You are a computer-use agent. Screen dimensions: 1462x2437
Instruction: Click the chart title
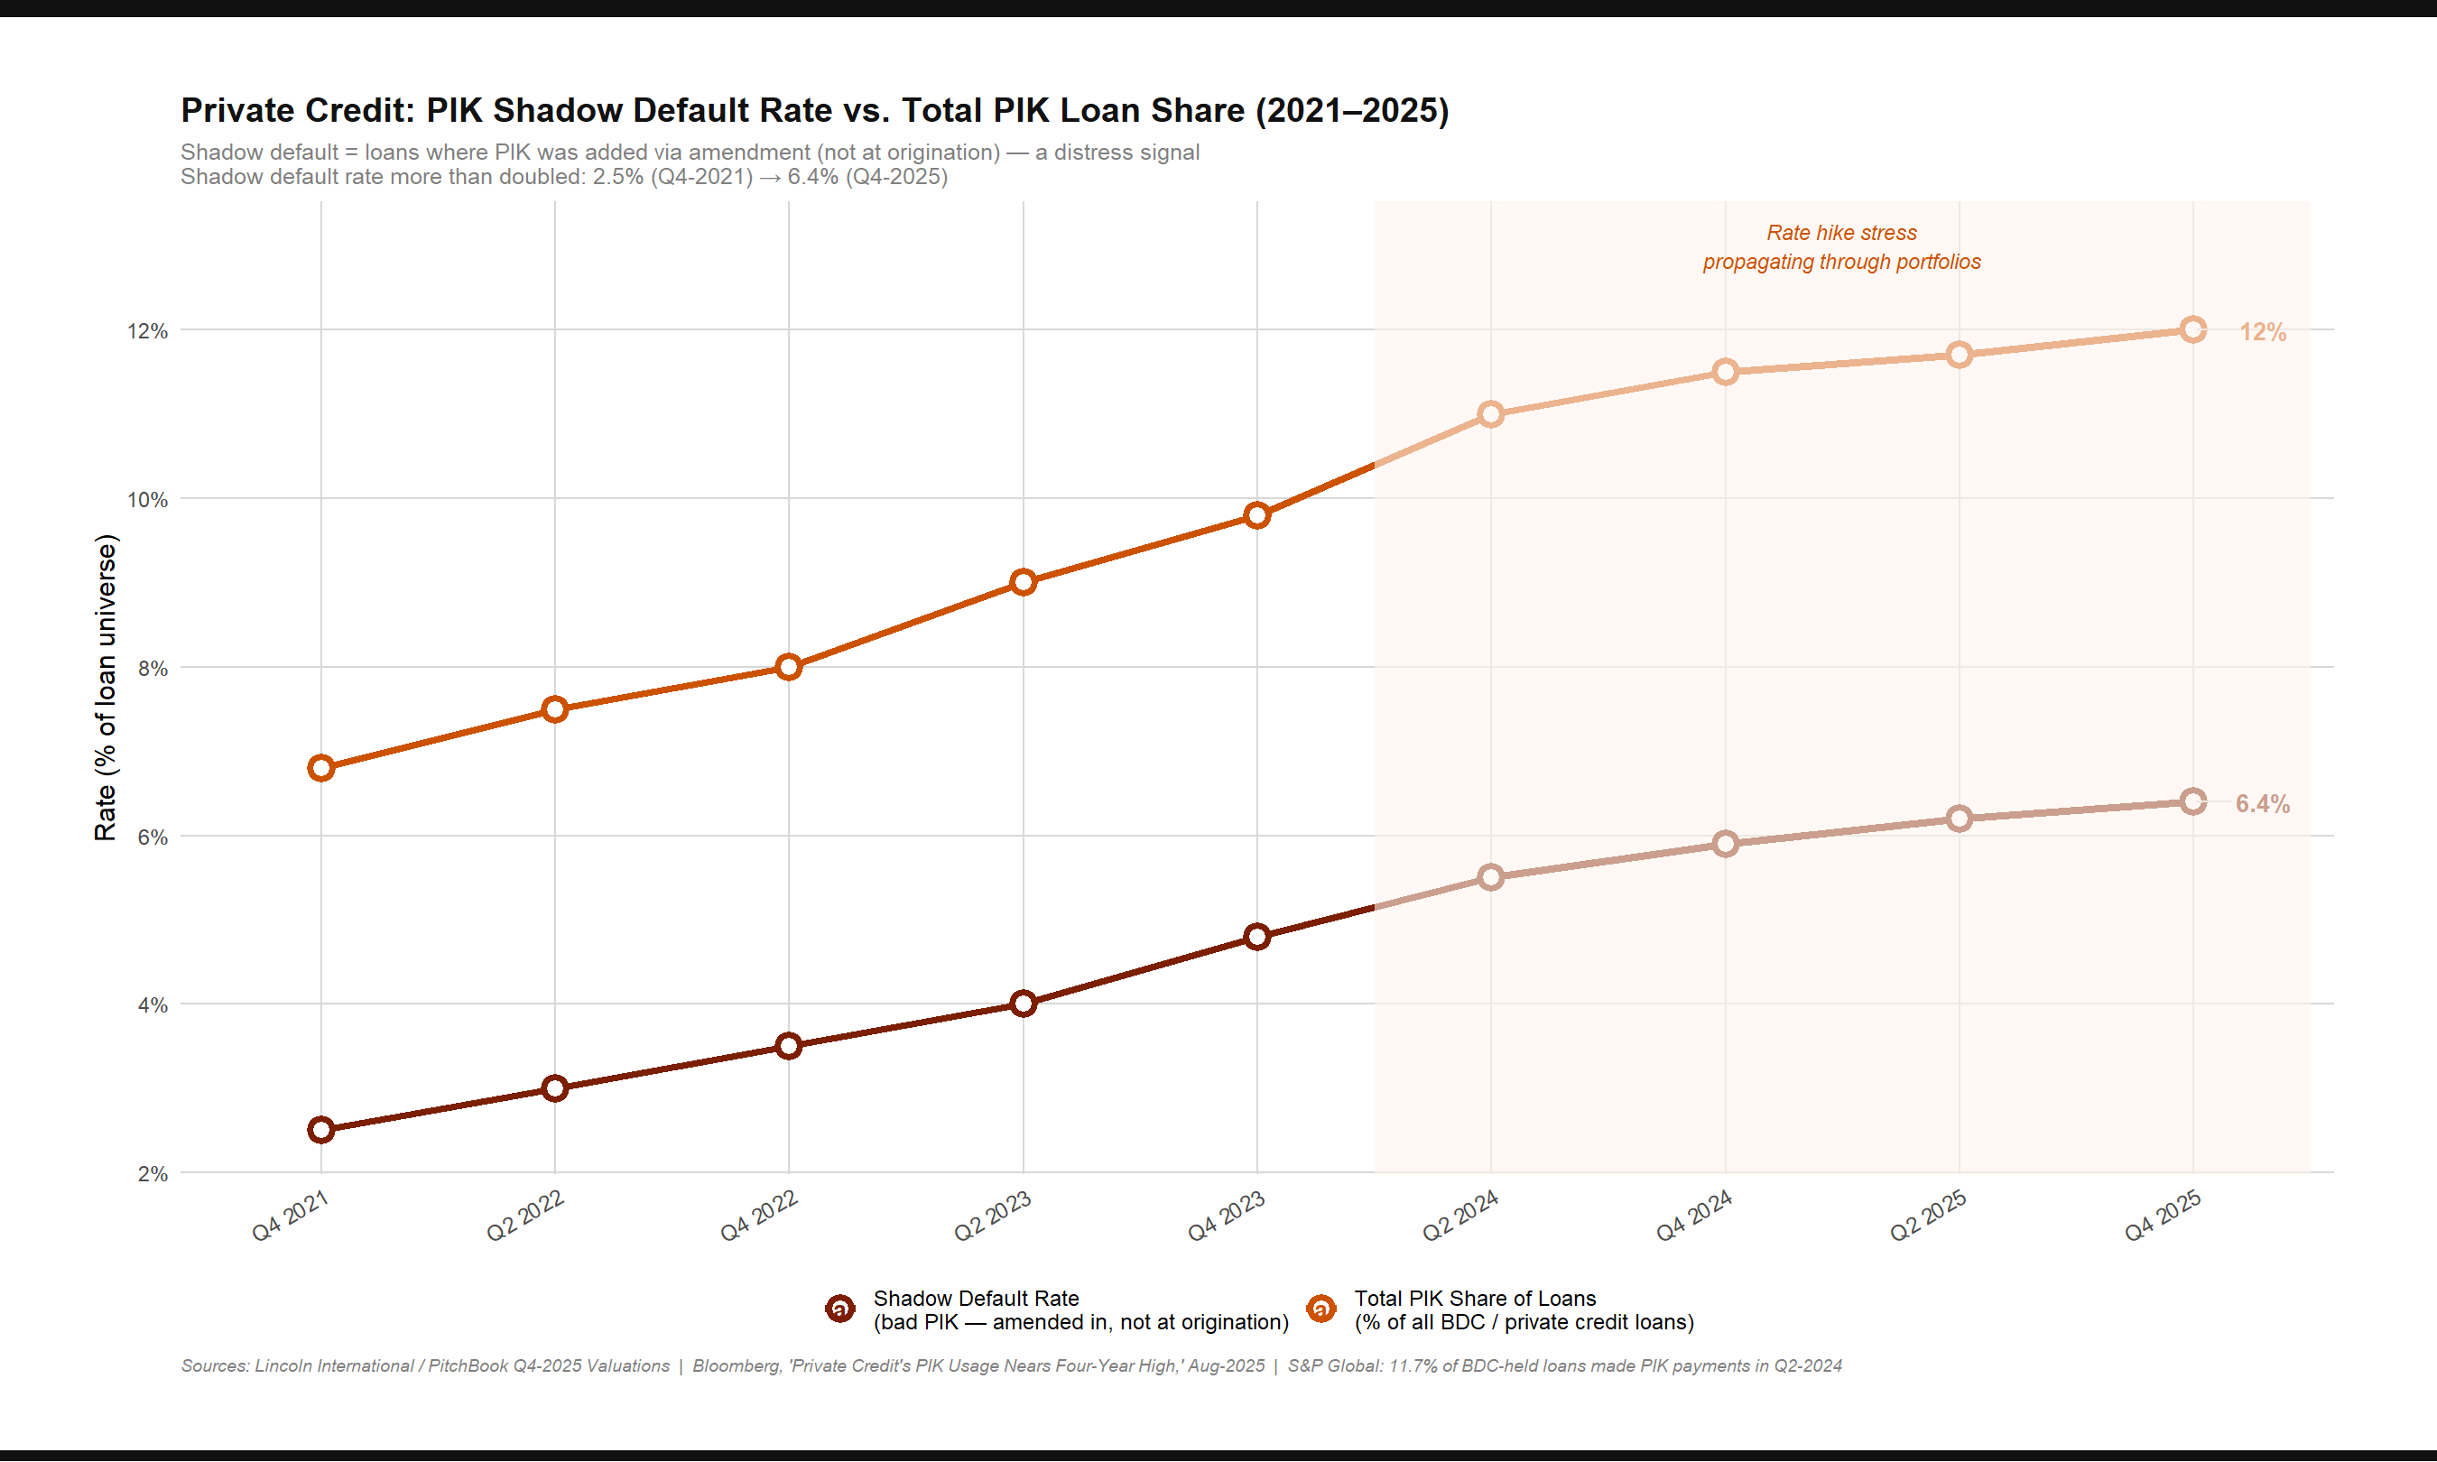pos(813,110)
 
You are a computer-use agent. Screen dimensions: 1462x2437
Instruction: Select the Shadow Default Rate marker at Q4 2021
pos(321,1130)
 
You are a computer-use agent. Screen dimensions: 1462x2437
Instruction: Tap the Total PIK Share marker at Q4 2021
pos(321,768)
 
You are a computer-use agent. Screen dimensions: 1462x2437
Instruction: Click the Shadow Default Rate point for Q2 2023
pos(1024,1004)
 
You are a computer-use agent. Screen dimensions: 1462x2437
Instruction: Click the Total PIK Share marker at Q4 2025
pos(2192,330)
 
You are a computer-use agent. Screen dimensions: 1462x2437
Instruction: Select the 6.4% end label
pos(2262,804)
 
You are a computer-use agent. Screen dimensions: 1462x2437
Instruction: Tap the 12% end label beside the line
pos(2262,332)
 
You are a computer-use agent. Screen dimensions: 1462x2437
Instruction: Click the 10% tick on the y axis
pos(147,499)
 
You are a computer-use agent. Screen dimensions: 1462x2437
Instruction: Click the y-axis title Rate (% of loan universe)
pos(106,688)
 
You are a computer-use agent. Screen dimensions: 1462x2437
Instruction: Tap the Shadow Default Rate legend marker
pos(840,1309)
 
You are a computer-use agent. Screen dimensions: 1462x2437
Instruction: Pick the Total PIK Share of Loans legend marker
pos(1321,1309)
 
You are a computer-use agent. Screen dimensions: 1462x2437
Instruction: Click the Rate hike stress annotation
pos(1841,247)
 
